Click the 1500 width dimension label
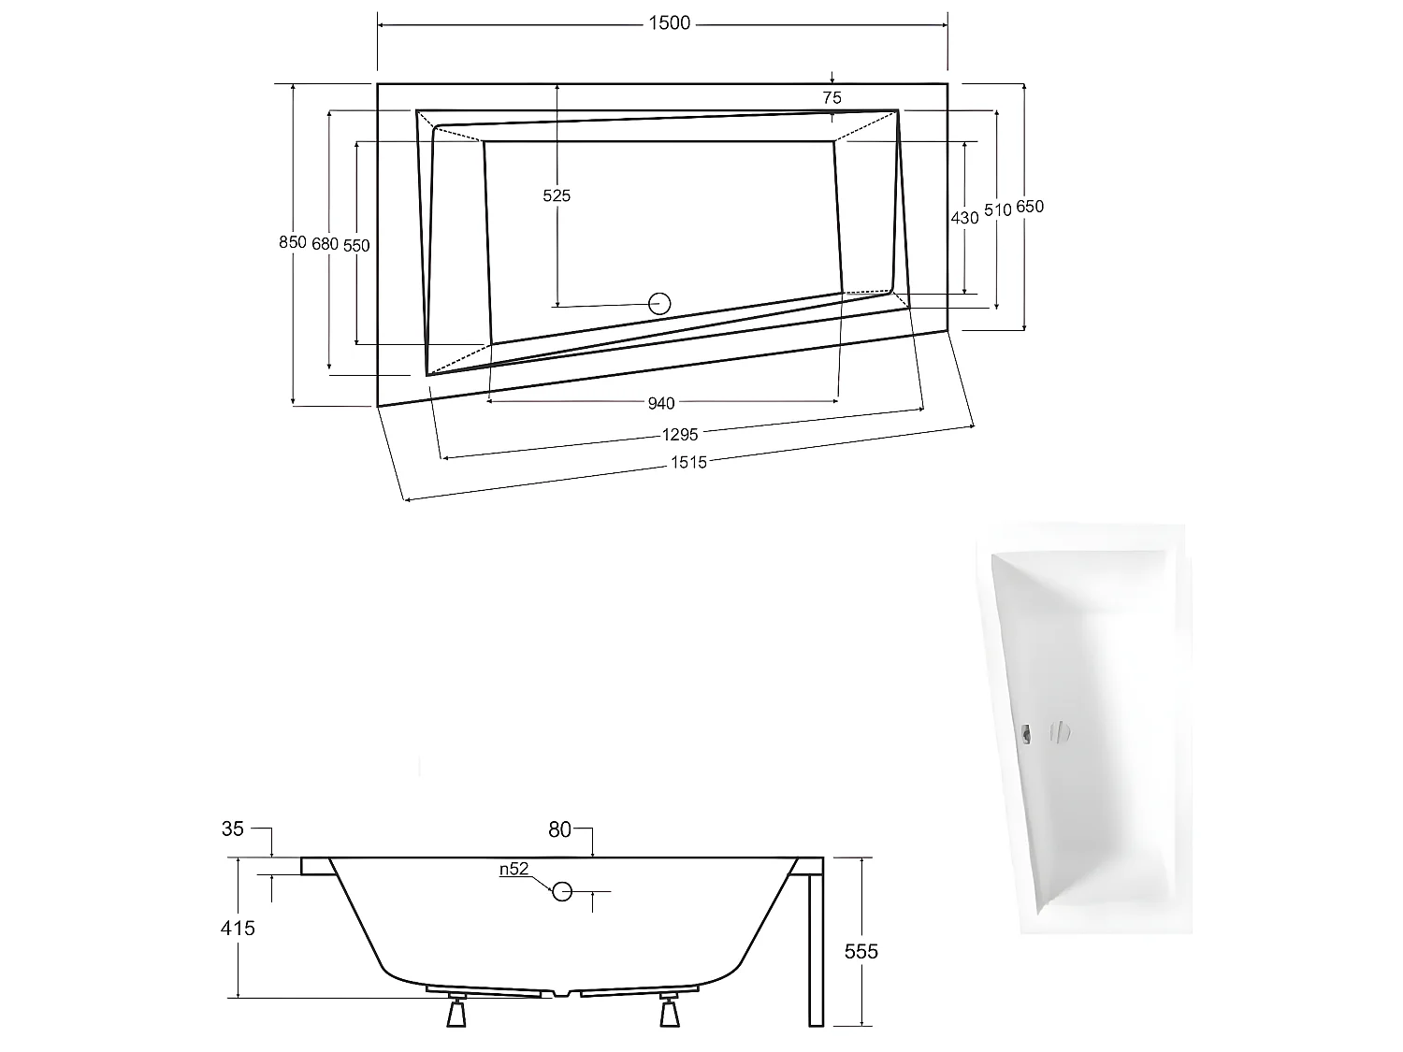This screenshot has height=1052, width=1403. (x=669, y=23)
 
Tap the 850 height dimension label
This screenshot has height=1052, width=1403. (x=293, y=241)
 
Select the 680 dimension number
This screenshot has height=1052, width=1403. (x=325, y=243)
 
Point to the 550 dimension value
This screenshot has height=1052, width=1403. (x=356, y=245)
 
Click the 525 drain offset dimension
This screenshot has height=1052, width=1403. (x=557, y=195)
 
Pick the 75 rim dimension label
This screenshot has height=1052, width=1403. (x=832, y=97)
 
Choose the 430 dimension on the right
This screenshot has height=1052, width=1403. (x=964, y=217)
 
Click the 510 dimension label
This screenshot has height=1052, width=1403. (x=997, y=210)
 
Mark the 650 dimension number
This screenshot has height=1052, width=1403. (x=1029, y=207)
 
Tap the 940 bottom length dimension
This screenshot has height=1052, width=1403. (x=661, y=403)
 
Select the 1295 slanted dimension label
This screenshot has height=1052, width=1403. (x=680, y=434)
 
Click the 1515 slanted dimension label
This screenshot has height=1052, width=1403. (x=688, y=461)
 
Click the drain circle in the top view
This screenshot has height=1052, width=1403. (x=660, y=303)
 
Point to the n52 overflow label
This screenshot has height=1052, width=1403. (x=513, y=869)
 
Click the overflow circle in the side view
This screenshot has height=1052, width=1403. (x=562, y=891)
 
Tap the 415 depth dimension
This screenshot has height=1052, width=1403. (x=238, y=928)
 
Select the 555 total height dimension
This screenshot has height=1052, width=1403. (x=861, y=951)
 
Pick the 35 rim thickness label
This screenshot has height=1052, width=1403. (x=233, y=829)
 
